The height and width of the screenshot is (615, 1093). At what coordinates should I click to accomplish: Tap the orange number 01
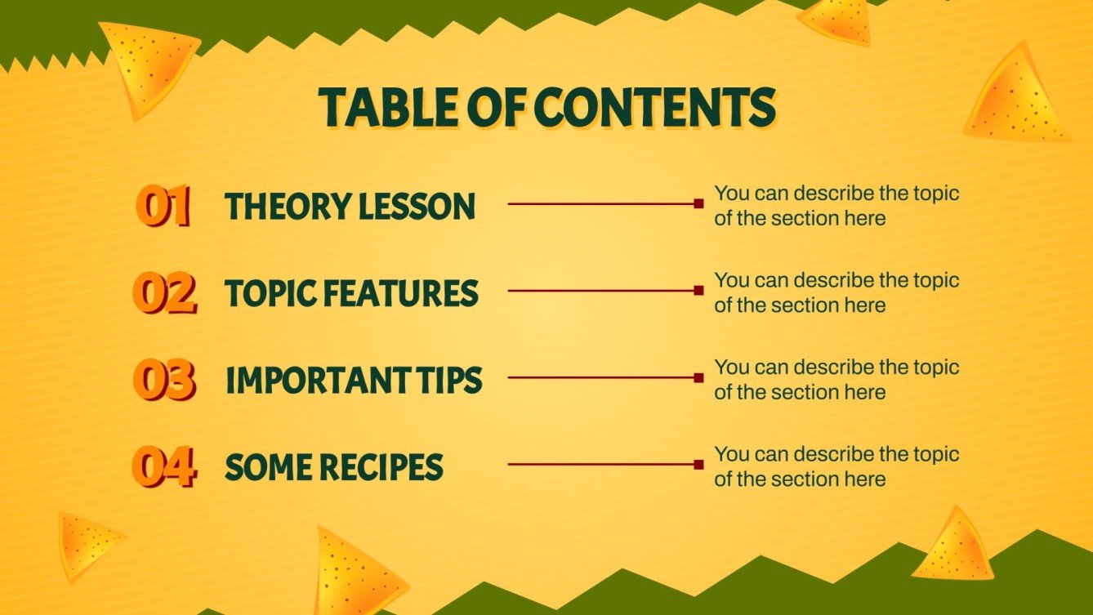coord(163,206)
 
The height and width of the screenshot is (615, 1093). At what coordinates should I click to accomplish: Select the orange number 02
coord(164,293)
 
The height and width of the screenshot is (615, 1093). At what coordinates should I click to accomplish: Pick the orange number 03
coord(164,381)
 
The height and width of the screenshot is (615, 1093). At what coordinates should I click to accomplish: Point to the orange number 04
coord(164,467)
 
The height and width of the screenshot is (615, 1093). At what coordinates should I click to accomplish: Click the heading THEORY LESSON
coord(350,207)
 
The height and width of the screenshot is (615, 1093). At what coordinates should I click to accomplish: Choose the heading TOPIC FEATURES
coord(351,293)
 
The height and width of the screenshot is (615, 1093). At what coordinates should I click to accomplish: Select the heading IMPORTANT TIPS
coord(354,381)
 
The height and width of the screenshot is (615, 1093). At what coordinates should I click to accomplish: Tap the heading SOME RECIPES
coord(334,467)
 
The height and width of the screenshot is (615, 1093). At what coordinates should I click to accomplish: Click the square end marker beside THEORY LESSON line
coord(698,203)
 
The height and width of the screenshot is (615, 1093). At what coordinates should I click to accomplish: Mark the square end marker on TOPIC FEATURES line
coord(698,290)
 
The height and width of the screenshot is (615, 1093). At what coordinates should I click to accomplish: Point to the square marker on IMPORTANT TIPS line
coord(698,377)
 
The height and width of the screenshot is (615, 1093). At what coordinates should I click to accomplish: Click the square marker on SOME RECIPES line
coord(698,464)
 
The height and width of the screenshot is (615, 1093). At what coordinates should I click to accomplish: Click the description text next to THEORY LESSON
coord(836,206)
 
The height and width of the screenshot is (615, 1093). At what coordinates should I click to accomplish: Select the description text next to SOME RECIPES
coord(836,466)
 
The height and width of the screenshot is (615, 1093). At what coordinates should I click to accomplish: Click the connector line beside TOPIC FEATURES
coord(600,290)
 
